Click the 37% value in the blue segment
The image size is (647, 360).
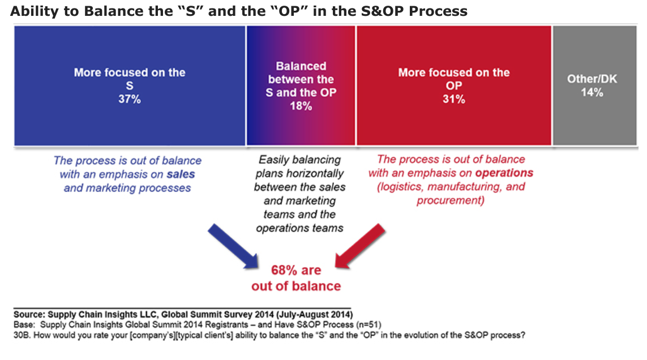coord(130,99)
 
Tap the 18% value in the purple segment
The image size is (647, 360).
coord(301,106)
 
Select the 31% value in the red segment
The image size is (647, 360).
coord(454,99)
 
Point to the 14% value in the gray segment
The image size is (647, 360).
coord(592,92)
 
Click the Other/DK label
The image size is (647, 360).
coord(592,79)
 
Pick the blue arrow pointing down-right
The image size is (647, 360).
coord(234,247)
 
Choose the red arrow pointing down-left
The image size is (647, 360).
coord(360,246)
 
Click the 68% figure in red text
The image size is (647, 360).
coord(284,271)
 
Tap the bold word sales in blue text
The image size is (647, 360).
coord(181,174)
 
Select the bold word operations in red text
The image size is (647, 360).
coord(504,173)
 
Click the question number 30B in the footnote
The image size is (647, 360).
coord(22,335)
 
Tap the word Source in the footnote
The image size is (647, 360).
coord(29,315)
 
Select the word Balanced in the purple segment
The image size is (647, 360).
coord(301,66)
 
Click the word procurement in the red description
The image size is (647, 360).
coord(449,200)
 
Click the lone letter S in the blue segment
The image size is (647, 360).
coord(130,86)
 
